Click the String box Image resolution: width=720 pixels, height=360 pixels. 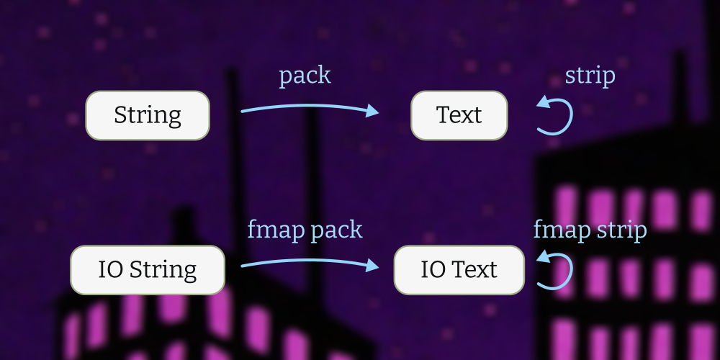click(x=148, y=115)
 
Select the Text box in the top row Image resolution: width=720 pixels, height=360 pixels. click(x=459, y=115)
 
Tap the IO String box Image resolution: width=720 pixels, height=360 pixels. click(x=148, y=270)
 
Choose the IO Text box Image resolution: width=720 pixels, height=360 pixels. click(x=459, y=270)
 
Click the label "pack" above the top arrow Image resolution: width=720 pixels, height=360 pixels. click(x=305, y=76)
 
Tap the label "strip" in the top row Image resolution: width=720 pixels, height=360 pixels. click(x=590, y=76)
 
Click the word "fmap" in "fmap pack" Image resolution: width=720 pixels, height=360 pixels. click(x=276, y=230)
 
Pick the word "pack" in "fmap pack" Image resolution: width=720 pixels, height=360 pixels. click(x=336, y=230)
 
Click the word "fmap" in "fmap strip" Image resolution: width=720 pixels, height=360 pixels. click(x=562, y=230)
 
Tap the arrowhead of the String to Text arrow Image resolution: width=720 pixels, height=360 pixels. click(x=372, y=111)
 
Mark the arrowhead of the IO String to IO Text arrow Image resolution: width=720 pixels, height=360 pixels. click(x=372, y=266)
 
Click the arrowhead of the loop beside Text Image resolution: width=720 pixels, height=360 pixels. click(x=543, y=102)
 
